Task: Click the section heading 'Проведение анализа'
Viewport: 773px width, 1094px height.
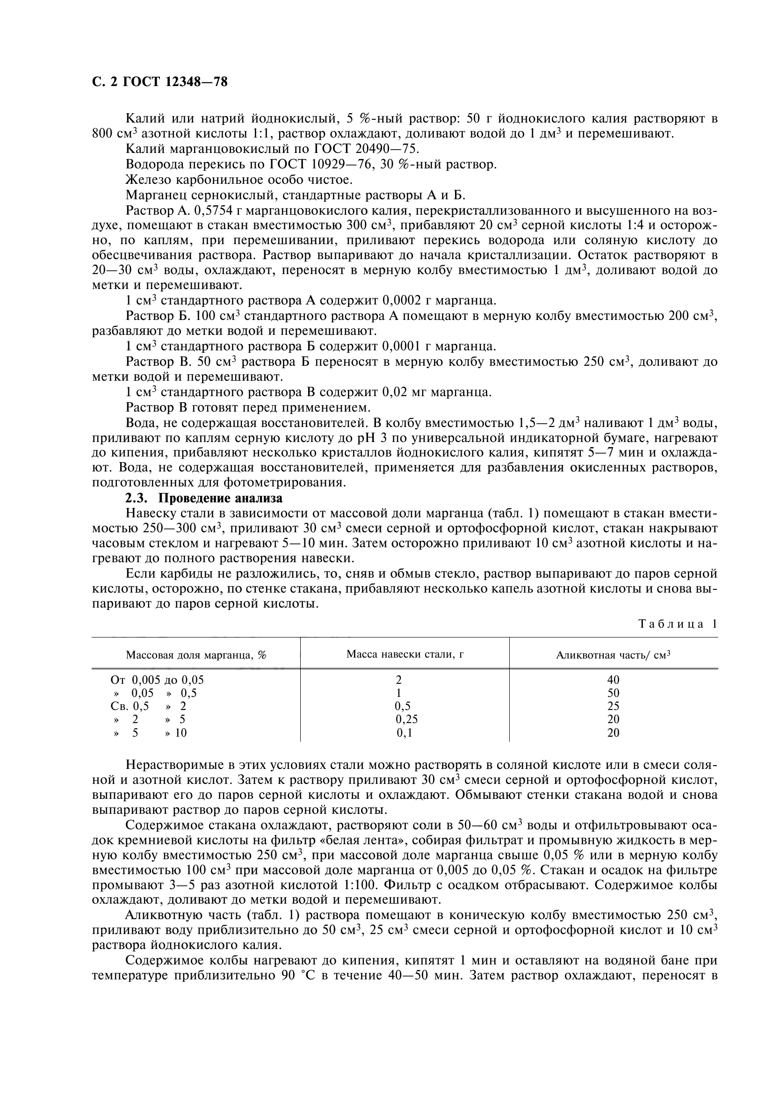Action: point(220,499)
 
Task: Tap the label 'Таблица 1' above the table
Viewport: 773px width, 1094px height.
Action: point(677,624)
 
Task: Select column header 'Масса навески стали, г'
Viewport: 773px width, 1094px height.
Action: point(405,654)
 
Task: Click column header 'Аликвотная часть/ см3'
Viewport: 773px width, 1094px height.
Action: point(613,655)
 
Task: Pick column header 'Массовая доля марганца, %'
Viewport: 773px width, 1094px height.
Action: point(196,655)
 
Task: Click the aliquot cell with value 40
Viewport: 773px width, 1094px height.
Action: point(613,680)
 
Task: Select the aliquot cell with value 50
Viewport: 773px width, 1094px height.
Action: point(613,693)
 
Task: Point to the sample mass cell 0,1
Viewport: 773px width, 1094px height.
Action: point(405,732)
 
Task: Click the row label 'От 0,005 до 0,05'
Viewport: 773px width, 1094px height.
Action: point(157,680)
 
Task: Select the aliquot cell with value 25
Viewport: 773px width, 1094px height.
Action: point(613,706)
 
